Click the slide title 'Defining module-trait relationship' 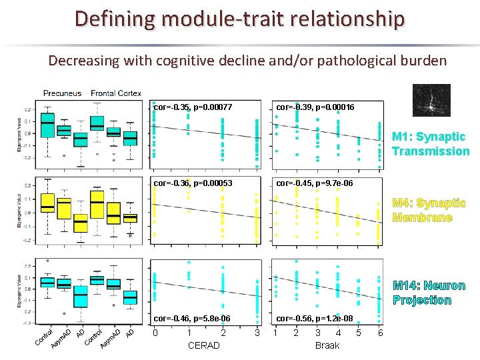(x=239, y=18)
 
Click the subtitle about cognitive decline (x=247, y=61)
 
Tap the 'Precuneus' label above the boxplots (x=62, y=93)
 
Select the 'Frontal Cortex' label (x=116, y=93)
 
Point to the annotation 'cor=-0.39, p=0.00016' (x=315, y=107)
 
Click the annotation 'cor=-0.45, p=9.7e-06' (x=315, y=182)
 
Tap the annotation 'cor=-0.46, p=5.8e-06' (x=193, y=319)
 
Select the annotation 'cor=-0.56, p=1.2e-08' (x=315, y=319)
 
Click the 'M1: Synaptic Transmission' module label (x=431, y=144)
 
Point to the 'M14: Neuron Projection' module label (x=429, y=293)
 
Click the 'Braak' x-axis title (x=327, y=345)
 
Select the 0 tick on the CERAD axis (x=155, y=333)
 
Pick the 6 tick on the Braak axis (x=380, y=333)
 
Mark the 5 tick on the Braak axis (x=359, y=333)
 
